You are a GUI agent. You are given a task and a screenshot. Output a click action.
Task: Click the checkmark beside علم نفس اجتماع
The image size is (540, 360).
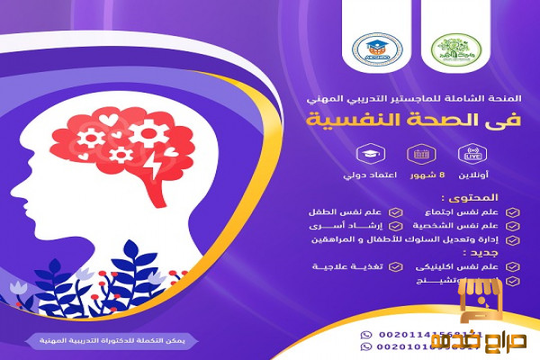click(511, 213)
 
